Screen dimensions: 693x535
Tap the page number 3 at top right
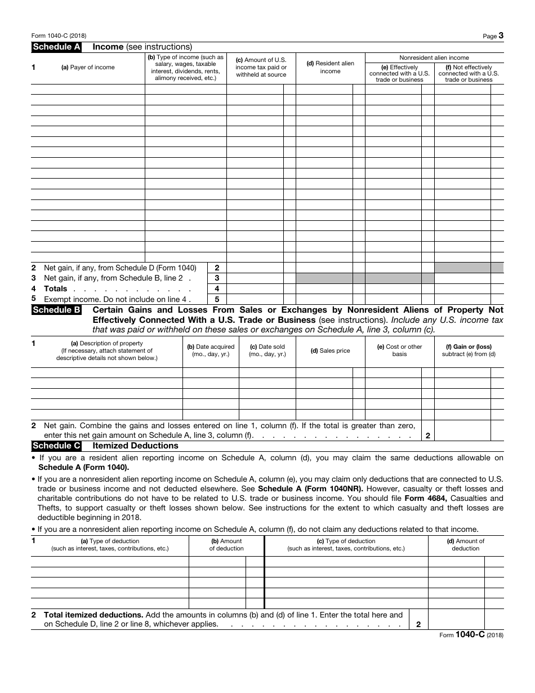[x=501, y=35]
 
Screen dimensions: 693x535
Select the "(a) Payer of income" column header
[x=87, y=68]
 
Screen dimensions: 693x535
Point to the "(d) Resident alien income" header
[x=330, y=68]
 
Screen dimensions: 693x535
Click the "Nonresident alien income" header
[x=434, y=57]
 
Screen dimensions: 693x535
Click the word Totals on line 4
[x=56, y=289]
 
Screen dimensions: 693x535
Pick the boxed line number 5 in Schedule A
[x=217, y=300]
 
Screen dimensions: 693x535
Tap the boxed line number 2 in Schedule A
[x=217, y=268]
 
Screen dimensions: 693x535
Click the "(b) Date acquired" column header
[x=211, y=350]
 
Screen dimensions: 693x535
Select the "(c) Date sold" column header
[x=267, y=350]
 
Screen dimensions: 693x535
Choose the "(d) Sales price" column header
[x=330, y=351]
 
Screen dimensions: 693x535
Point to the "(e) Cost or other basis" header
[x=399, y=350]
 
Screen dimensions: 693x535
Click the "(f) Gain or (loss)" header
[x=469, y=347]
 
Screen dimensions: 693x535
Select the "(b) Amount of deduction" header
[x=226, y=545]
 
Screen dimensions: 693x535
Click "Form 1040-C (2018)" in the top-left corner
[x=59, y=35]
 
